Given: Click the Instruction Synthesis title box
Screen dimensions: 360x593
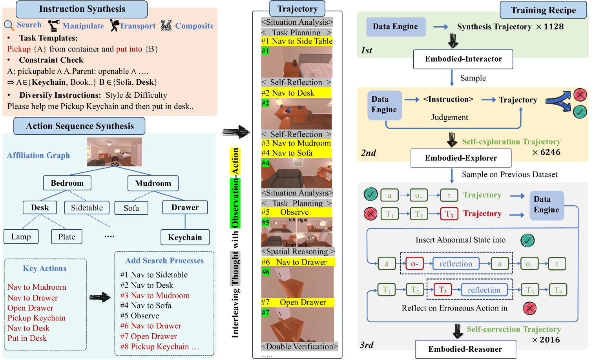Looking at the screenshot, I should point(82,9).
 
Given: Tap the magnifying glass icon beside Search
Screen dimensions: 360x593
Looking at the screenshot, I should point(9,25).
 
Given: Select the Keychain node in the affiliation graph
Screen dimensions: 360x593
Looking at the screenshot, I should point(185,237).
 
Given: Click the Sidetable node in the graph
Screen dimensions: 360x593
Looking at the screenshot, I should point(87,208).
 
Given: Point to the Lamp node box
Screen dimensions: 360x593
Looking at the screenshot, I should point(21,237).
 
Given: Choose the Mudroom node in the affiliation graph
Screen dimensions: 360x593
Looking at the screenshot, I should point(153,183).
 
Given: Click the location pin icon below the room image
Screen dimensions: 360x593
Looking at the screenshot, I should point(115,161).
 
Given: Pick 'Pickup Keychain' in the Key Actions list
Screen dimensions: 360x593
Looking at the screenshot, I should point(36,318).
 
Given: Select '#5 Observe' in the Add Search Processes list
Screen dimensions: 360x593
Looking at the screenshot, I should point(140,316).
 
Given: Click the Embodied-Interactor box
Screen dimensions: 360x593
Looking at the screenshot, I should point(463,59).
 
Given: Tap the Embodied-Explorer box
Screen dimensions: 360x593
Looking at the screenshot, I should point(461,158).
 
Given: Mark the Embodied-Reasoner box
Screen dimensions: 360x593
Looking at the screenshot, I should point(465,349).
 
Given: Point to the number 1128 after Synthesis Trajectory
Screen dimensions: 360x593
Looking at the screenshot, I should point(554,27).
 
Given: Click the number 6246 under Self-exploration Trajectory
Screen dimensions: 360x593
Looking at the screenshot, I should point(550,152).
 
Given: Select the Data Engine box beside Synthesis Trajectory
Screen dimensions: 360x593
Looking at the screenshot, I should point(395,27).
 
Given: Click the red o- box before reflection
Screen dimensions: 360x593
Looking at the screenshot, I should point(414,264).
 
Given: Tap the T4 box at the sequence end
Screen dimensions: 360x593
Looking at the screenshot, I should point(558,290).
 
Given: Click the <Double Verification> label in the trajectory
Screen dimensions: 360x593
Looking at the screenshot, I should point(299,347).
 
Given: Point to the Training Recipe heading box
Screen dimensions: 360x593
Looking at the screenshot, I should point(543,10).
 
